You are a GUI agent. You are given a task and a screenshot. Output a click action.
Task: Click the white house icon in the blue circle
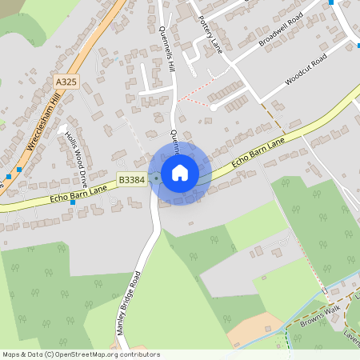[x=180, y=173]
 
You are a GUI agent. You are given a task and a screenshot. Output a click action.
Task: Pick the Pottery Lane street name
[x=210, y=33]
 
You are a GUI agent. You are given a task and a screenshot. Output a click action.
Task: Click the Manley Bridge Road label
[x=128, y=302]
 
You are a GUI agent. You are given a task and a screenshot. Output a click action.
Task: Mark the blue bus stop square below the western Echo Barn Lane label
[x=73, y=202]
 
